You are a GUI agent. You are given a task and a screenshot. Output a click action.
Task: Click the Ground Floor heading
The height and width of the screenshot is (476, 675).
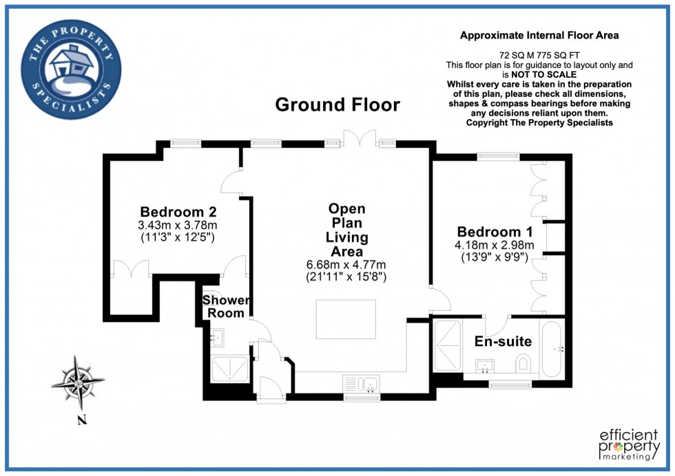coord(337,105)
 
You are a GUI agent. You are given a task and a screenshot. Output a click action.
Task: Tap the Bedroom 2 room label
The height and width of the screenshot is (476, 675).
coord(178,212)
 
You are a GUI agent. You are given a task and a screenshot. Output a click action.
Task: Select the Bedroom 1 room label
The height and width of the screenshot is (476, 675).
coord(495,231)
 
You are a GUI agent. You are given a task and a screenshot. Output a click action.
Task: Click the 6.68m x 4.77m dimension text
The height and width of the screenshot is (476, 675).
coord(346,265)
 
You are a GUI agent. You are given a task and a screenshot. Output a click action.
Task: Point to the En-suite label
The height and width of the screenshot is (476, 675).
coord(503,342)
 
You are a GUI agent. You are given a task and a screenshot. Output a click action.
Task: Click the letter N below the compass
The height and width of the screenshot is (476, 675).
coord(81,420)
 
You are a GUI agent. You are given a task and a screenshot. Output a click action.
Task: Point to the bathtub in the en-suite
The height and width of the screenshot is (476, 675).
coord(552,349)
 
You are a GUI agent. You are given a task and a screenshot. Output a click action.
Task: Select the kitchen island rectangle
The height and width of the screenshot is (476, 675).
coord(346,320)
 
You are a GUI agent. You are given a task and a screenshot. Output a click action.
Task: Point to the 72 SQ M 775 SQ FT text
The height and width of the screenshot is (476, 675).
coord(539,54)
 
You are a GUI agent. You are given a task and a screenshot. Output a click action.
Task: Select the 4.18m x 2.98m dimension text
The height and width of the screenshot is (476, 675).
coord(495,245)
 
